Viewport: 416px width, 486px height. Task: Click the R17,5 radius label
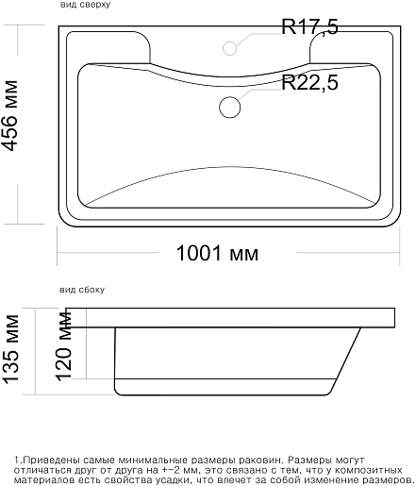pyautogui.click(x=309, y=27)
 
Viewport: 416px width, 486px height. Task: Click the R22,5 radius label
pyautogui.click(x=309, y=82)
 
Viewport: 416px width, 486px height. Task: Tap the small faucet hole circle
pyautogui.click(x=230, y=48)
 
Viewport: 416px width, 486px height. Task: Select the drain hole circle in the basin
pyautogui.click(x=230, y=107)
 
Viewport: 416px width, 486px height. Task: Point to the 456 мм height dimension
pyautogui.click(x=9, y=116)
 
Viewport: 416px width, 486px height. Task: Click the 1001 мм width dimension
pyautogui.click(x=217, y=253)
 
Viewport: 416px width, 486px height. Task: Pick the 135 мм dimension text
pyautogui.click(x=11, y=349)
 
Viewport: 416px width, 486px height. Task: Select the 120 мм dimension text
pyautogui.click(x=63, y=345)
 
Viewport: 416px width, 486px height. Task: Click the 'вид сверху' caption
pyautogui.click(x=85, y=5)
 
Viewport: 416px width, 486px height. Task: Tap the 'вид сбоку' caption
pyautogui.click(x=82, y=290)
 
